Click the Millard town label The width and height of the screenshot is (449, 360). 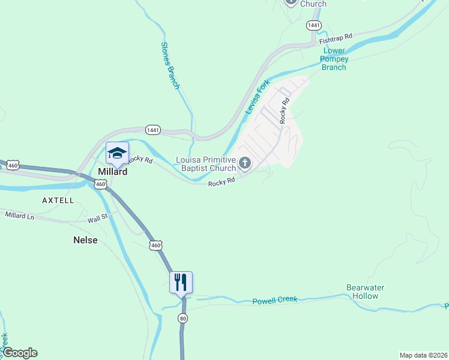tap(113, 172)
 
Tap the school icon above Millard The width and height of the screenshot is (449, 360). tap(117, 152)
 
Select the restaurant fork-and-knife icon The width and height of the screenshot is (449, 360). tap(181, 281)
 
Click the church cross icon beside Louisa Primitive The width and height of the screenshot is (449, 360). tap(245, 163)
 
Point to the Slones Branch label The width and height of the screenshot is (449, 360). tap(170, 65)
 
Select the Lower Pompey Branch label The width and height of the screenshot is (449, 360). tap(334, 59)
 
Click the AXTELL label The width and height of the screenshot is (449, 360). tap(58, 200)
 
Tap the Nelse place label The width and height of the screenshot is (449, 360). tap(85, 240)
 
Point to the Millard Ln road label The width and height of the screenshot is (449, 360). tap(20, 215)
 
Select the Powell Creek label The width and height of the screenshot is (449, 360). tap(275, 300)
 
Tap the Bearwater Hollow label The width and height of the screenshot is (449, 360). tap(366, 292)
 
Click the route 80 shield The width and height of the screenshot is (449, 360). tap(182, 318)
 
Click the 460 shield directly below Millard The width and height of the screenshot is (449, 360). tap(100, 184)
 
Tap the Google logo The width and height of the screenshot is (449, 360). tap(20, 353)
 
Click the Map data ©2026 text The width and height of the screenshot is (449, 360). tap(423, 355)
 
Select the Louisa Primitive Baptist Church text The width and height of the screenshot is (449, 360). tap(206, 164)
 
